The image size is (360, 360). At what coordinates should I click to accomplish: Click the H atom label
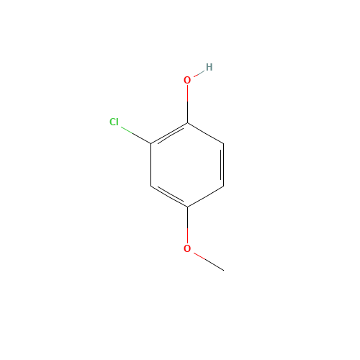coord(209,67)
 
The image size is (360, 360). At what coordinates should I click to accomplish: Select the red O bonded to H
coord(187,80)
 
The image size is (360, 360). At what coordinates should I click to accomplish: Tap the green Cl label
coord(114,122)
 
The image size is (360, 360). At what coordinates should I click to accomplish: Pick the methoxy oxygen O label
coord(187,248)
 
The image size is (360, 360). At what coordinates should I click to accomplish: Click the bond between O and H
coord(199,73)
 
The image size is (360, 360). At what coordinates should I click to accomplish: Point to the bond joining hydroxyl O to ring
coord(187,104)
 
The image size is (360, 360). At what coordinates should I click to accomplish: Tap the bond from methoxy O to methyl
coord(209,261)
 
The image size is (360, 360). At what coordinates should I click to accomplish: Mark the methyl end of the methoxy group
coord(224,270)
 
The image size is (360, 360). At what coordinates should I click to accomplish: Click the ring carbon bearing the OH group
coord(187,123)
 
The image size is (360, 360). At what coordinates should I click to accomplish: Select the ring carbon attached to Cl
coord(151,144)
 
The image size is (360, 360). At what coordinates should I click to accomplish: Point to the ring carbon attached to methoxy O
coord(187,207)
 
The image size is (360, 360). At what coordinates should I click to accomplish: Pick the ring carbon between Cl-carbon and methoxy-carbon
coord(151,186)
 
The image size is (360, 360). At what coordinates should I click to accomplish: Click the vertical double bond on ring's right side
coord(223,165)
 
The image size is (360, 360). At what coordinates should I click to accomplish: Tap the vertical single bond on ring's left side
coord(151,165)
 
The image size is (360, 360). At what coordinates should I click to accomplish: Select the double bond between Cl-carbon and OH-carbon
coord(170,134)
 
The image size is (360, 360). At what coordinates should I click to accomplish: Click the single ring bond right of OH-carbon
coord(206,133)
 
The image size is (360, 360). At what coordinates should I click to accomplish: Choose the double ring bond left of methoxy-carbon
coord(170,196)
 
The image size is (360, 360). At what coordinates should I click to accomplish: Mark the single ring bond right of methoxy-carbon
coord(206,197)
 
